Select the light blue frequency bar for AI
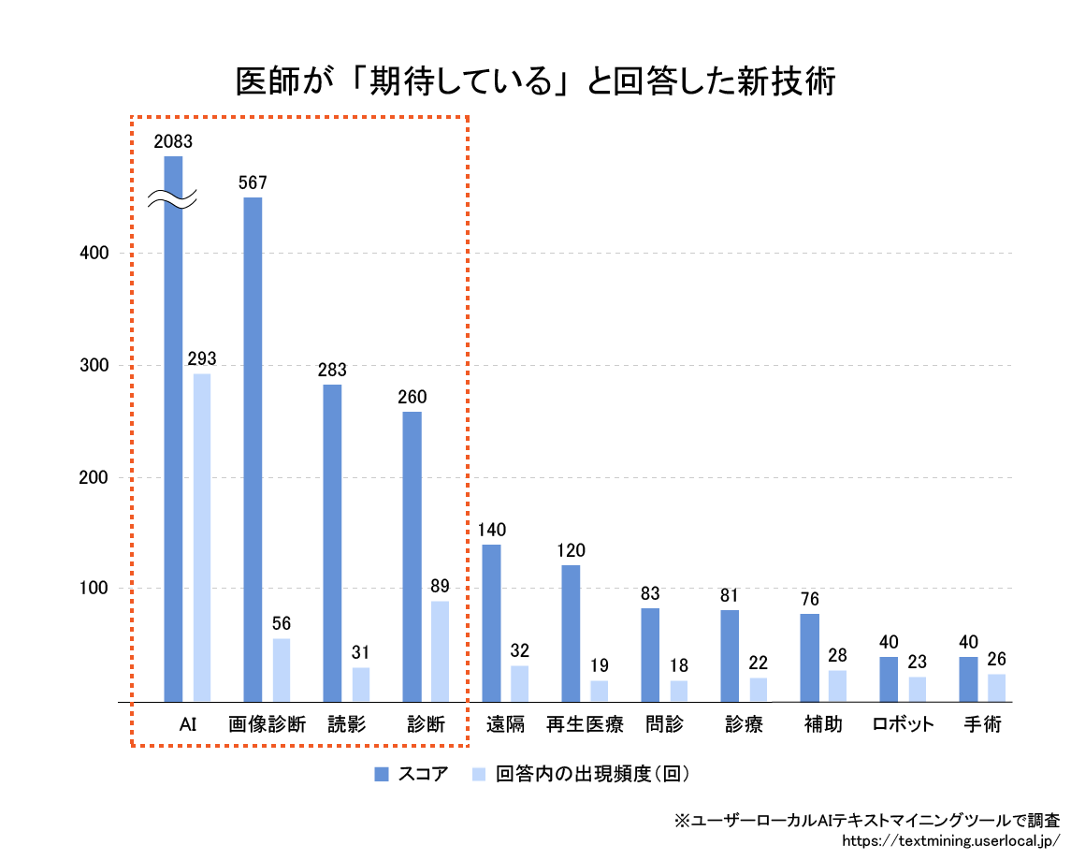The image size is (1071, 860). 202,537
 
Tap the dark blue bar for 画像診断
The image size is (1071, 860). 253,449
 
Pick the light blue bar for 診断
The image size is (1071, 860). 440,650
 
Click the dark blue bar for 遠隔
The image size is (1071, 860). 491,622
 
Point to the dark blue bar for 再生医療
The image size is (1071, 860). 571,633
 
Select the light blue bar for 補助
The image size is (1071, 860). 837,685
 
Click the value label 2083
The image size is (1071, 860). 173,142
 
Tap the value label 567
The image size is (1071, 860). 253,182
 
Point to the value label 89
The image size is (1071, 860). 440,587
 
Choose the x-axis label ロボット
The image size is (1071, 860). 903,724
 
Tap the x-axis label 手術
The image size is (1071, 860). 982,724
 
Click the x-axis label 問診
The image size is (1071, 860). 664,724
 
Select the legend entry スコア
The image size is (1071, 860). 412,774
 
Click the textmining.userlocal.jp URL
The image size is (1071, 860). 950,840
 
